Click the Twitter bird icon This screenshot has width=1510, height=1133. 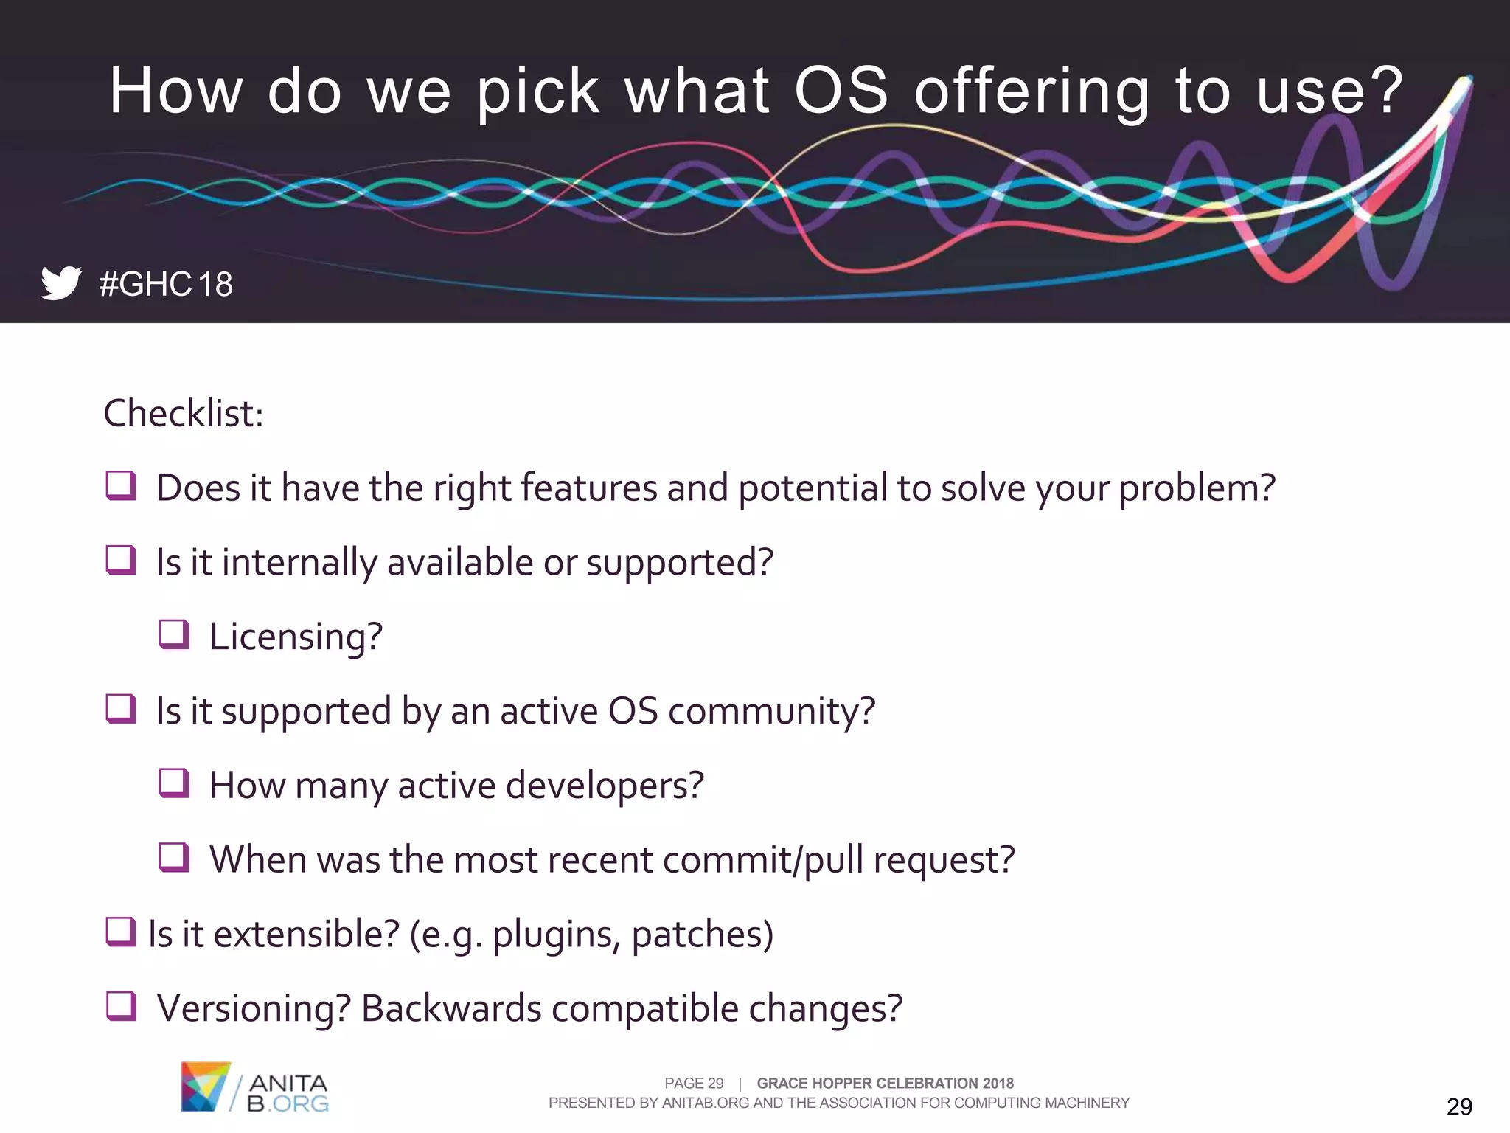click(60, 283)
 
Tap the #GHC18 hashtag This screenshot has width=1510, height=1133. click(166, 284)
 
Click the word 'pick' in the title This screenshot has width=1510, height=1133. click(537, 91)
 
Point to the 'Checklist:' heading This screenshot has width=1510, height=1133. click(184, 413)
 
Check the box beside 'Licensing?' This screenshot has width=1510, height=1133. click(174, 634)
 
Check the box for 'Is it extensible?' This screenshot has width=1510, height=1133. click(120, 932)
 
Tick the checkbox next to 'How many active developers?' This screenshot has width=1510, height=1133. click(174, 783)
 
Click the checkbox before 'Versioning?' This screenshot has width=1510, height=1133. click(121, 1006)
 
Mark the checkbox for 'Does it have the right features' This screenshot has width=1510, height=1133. click(121, 486)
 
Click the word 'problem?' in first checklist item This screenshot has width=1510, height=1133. click(1197, 489)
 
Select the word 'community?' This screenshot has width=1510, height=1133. click(771, 712)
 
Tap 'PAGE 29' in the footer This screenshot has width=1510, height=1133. click(694, 1083)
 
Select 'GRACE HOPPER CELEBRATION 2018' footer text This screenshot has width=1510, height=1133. click(885, 1083)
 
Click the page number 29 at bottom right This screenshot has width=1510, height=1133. click(1459, 1106)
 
